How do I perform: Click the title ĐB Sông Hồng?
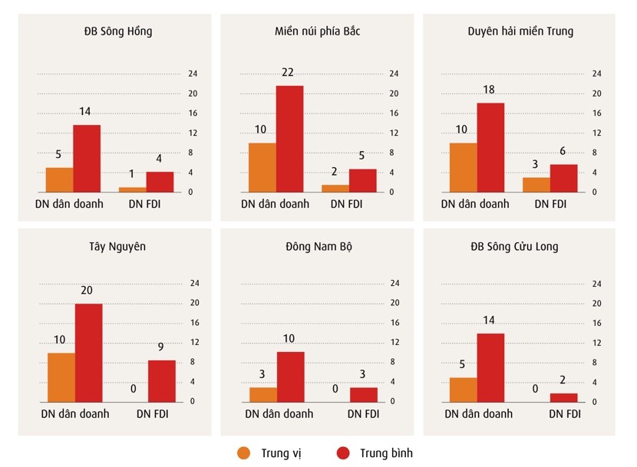click(x=118, y=31)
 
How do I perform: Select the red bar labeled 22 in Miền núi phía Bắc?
click(x=289, y=138)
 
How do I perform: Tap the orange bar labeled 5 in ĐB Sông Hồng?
click(x=59, y=179)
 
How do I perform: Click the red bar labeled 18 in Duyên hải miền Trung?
click(x=490, y=147)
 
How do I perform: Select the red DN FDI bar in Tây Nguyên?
click(x=161, y=381)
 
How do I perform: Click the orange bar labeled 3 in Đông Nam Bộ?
click(x=262, y=394)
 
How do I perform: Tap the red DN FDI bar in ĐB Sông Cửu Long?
click(x=563, y=397)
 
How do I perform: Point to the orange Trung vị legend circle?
click(x=245, y=452)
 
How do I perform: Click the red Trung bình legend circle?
click(x=343, y=452)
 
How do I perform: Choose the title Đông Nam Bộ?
click(x=317, y=247)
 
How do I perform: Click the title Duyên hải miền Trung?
click(x=520, y=31)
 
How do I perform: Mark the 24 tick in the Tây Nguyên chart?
click(x=193, y=283)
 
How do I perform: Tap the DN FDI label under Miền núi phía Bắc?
click(x=348, y=204)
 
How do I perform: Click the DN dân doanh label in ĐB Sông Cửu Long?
click(x=478, y=414)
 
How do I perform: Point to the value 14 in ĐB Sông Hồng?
click(x=84, y=111)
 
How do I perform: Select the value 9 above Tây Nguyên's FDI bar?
click(x=162, y=347)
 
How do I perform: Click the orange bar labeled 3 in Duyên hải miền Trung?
click(x=536, y=185)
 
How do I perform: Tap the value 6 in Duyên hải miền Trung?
click(x=563, y=151)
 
